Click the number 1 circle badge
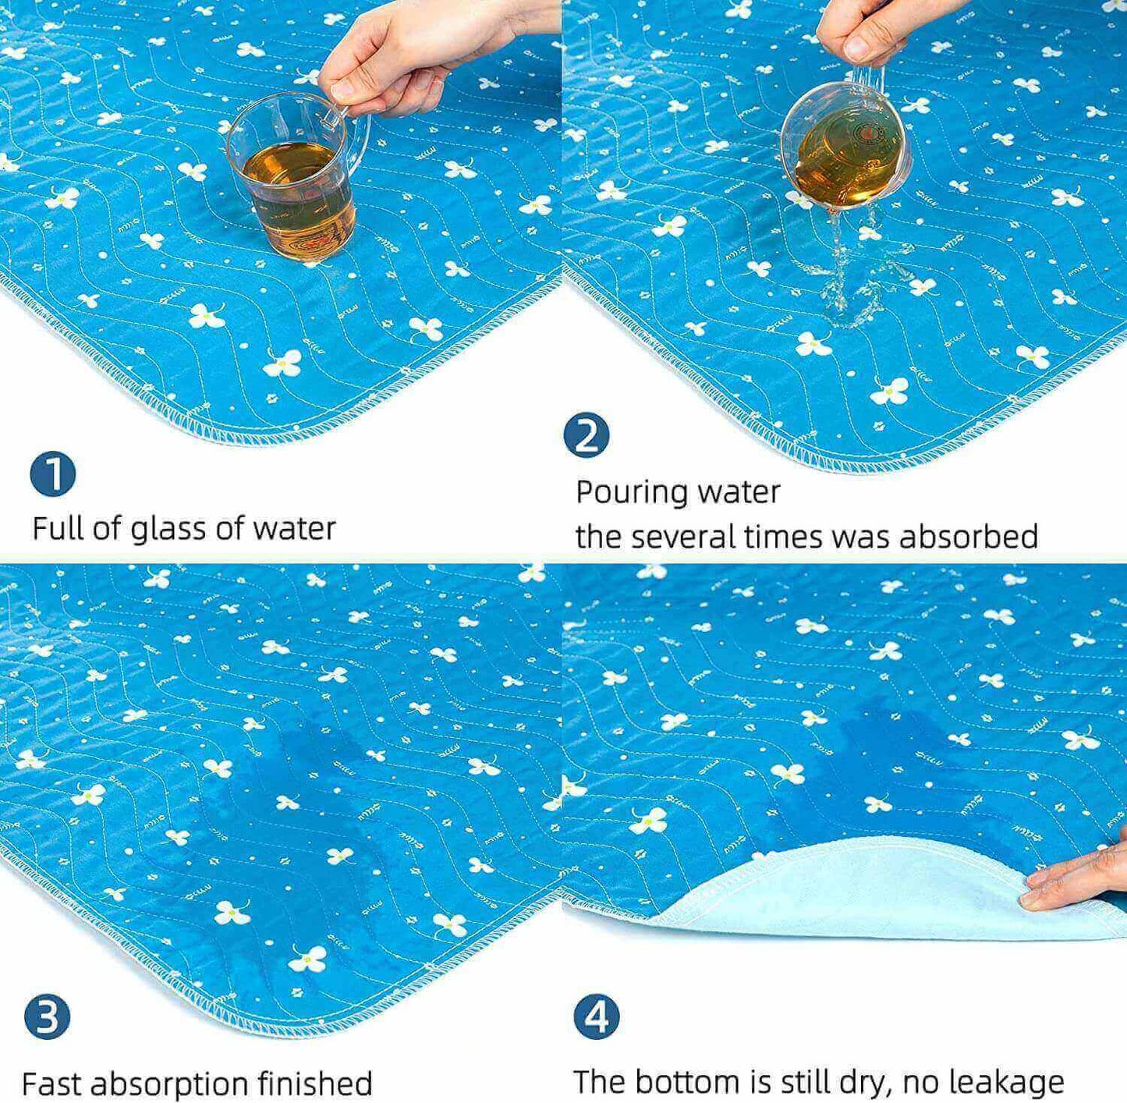pos(53,474)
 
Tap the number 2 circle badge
pos(587,435)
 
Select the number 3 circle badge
pos(47,1016)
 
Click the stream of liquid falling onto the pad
pos(852,267)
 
